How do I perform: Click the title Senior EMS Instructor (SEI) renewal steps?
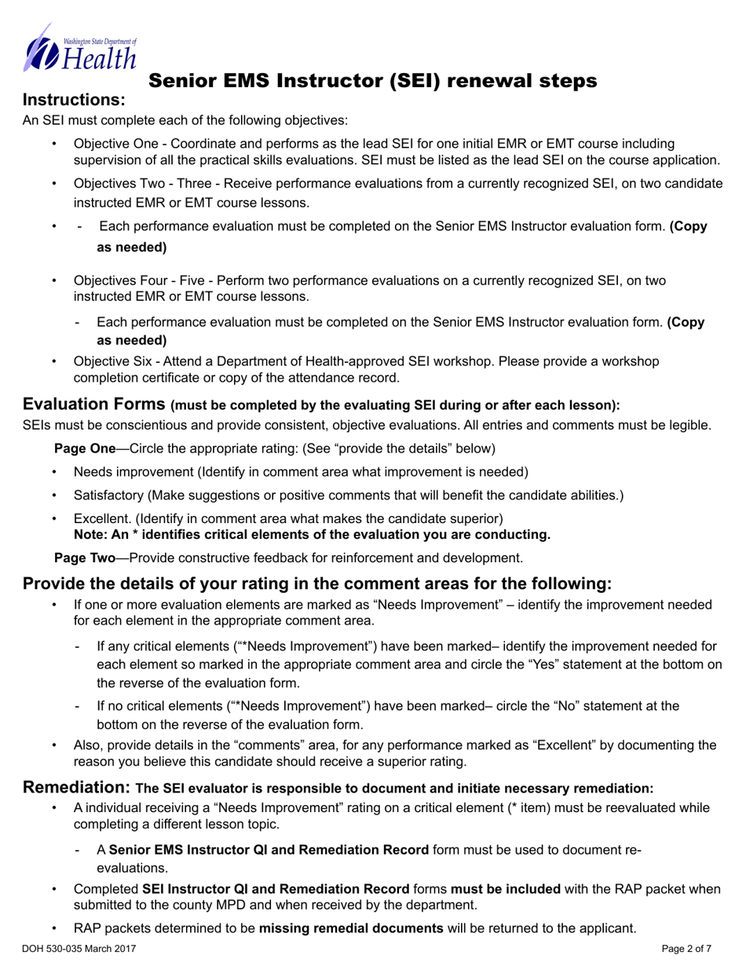[372, 81]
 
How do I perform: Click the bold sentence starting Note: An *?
[312, 535]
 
